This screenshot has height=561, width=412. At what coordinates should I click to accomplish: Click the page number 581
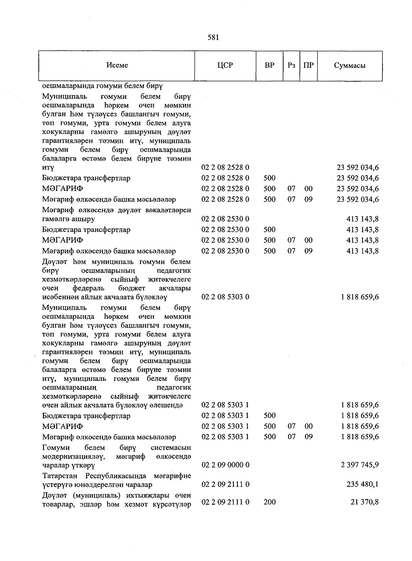pyautogui.click(x=213, y=37)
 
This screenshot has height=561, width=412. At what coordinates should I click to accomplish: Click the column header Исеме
pyautogui.click(x=117, y=65)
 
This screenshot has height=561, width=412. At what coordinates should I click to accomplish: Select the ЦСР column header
pyautogui.click(x=225, y=65)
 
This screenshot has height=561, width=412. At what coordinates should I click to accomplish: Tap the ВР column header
pyautogui.click(x=270, y=65)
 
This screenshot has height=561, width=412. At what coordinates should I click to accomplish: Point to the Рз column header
pyautogui.click(x=291, y=65)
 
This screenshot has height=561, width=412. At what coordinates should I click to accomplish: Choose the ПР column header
pyautogui.click(x=308, y=65)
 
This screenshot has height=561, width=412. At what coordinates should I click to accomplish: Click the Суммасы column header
pyautogui.click(x=350, y=65)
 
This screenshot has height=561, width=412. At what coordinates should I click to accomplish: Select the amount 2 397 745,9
pyautogui.click(x=360, y=465)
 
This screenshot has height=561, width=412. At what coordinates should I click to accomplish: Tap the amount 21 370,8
pyautogui.click(x=367, y=502)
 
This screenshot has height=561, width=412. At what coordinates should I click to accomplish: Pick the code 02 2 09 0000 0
pyautogui.click(x=225, y=465)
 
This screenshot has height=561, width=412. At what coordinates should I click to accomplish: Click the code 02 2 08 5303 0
pyautogui.click(x=225, y=297)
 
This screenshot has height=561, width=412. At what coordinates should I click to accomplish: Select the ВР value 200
pyautogui.click(x=270, y=502)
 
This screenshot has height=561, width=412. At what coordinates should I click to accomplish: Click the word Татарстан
pyautogui.click(x=60, y=476)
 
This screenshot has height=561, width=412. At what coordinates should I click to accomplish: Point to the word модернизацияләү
pyautogui.click(x=73, y=457)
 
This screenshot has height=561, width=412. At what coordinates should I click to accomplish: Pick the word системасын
pyautogui.click(x=171, y=448)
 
